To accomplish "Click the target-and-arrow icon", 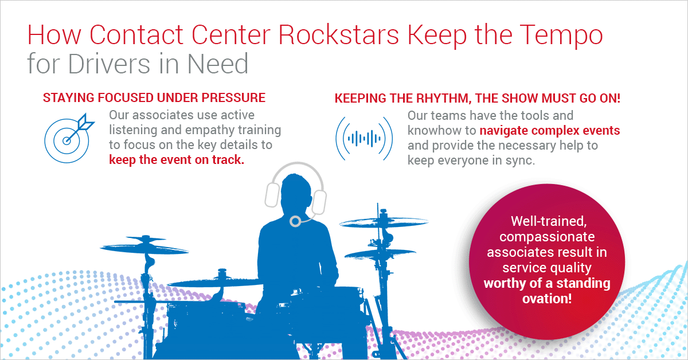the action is point(69,138).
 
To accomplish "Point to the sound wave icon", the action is point(364,139).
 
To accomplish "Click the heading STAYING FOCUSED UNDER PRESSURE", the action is point(154,98).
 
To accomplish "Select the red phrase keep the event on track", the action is point(177,160).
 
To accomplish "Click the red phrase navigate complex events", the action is point(550,131).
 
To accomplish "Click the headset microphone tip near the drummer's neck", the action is point(295,221).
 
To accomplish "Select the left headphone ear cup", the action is point(272,195).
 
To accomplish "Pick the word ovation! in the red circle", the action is point(547,299).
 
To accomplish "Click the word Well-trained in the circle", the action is point(549,221).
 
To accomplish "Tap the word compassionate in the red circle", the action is point(547,237).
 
